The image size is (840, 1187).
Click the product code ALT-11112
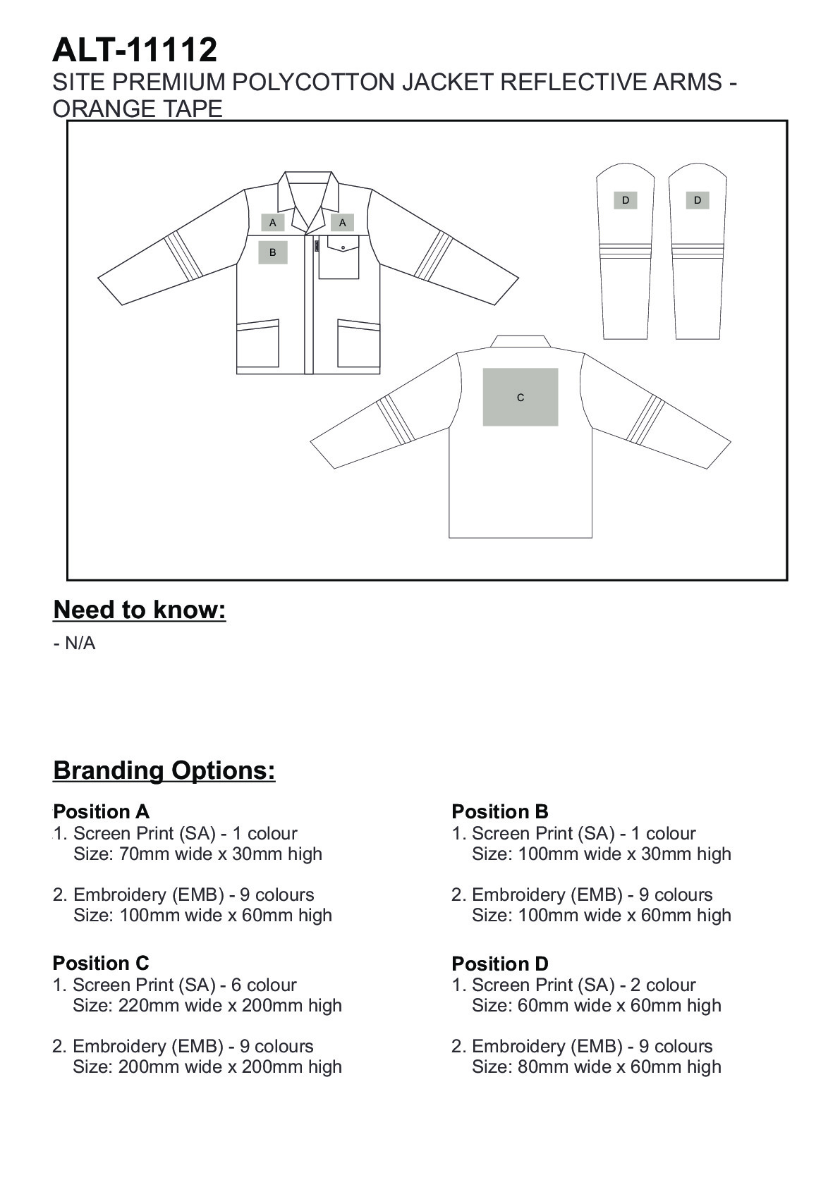(135, 51)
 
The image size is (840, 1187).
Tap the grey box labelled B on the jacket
(273, 252)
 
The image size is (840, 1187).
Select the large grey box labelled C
(521, 397)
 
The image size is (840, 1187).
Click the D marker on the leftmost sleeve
(626, 200)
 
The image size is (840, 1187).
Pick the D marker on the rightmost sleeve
(698, 200)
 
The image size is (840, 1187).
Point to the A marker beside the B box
(273, 223)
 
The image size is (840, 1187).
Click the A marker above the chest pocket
(343, 223)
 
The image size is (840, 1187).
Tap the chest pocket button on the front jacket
(343, 247)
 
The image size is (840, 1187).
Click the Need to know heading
(140, 610)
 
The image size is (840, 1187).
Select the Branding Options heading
(164, 770)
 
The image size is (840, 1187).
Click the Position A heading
(102, 811)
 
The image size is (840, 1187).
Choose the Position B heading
(500, 811)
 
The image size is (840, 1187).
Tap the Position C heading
(101, 963)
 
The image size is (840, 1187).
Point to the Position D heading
(500, 964)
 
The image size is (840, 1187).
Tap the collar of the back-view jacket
(521, 342)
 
